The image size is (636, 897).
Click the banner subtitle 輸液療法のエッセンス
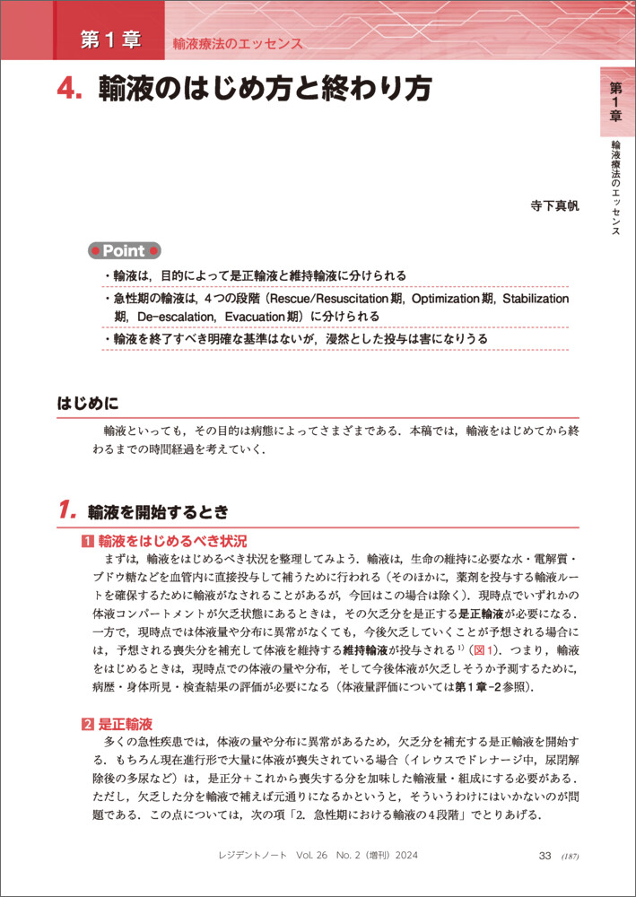238,43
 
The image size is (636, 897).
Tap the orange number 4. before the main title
68,91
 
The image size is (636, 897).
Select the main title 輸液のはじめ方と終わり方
265,90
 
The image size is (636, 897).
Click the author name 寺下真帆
555,205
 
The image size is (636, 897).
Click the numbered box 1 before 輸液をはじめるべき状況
88,542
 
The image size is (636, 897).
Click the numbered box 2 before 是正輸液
88,723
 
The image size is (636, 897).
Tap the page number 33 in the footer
544,856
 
